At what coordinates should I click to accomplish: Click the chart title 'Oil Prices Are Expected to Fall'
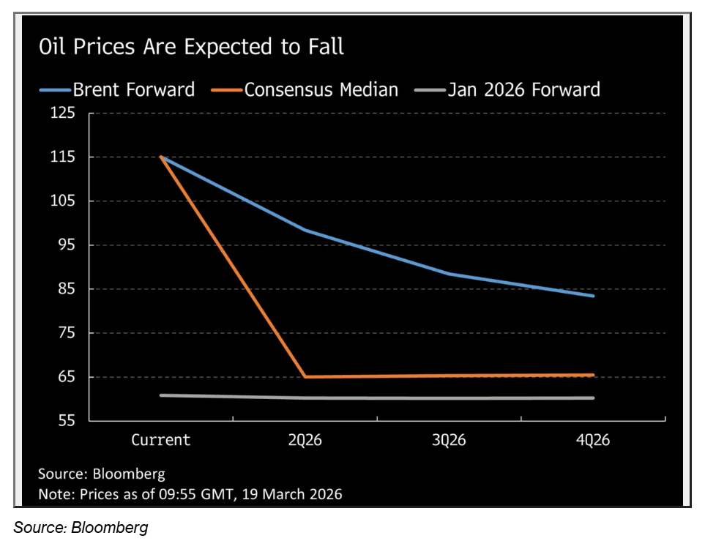point(191,48)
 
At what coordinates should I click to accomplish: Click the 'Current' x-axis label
point(160,440)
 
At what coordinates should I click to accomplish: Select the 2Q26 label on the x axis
point(305,440)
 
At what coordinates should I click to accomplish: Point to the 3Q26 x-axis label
point(449,440)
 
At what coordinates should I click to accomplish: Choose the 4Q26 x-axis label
point(593,440)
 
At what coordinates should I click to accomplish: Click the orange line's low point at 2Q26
point(305,377)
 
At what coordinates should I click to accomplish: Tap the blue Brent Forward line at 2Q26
point(305,230)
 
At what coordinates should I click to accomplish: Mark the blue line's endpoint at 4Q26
point(592,296)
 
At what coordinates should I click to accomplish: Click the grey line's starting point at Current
point(161,395)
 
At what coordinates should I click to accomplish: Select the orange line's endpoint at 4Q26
point(592,375)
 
